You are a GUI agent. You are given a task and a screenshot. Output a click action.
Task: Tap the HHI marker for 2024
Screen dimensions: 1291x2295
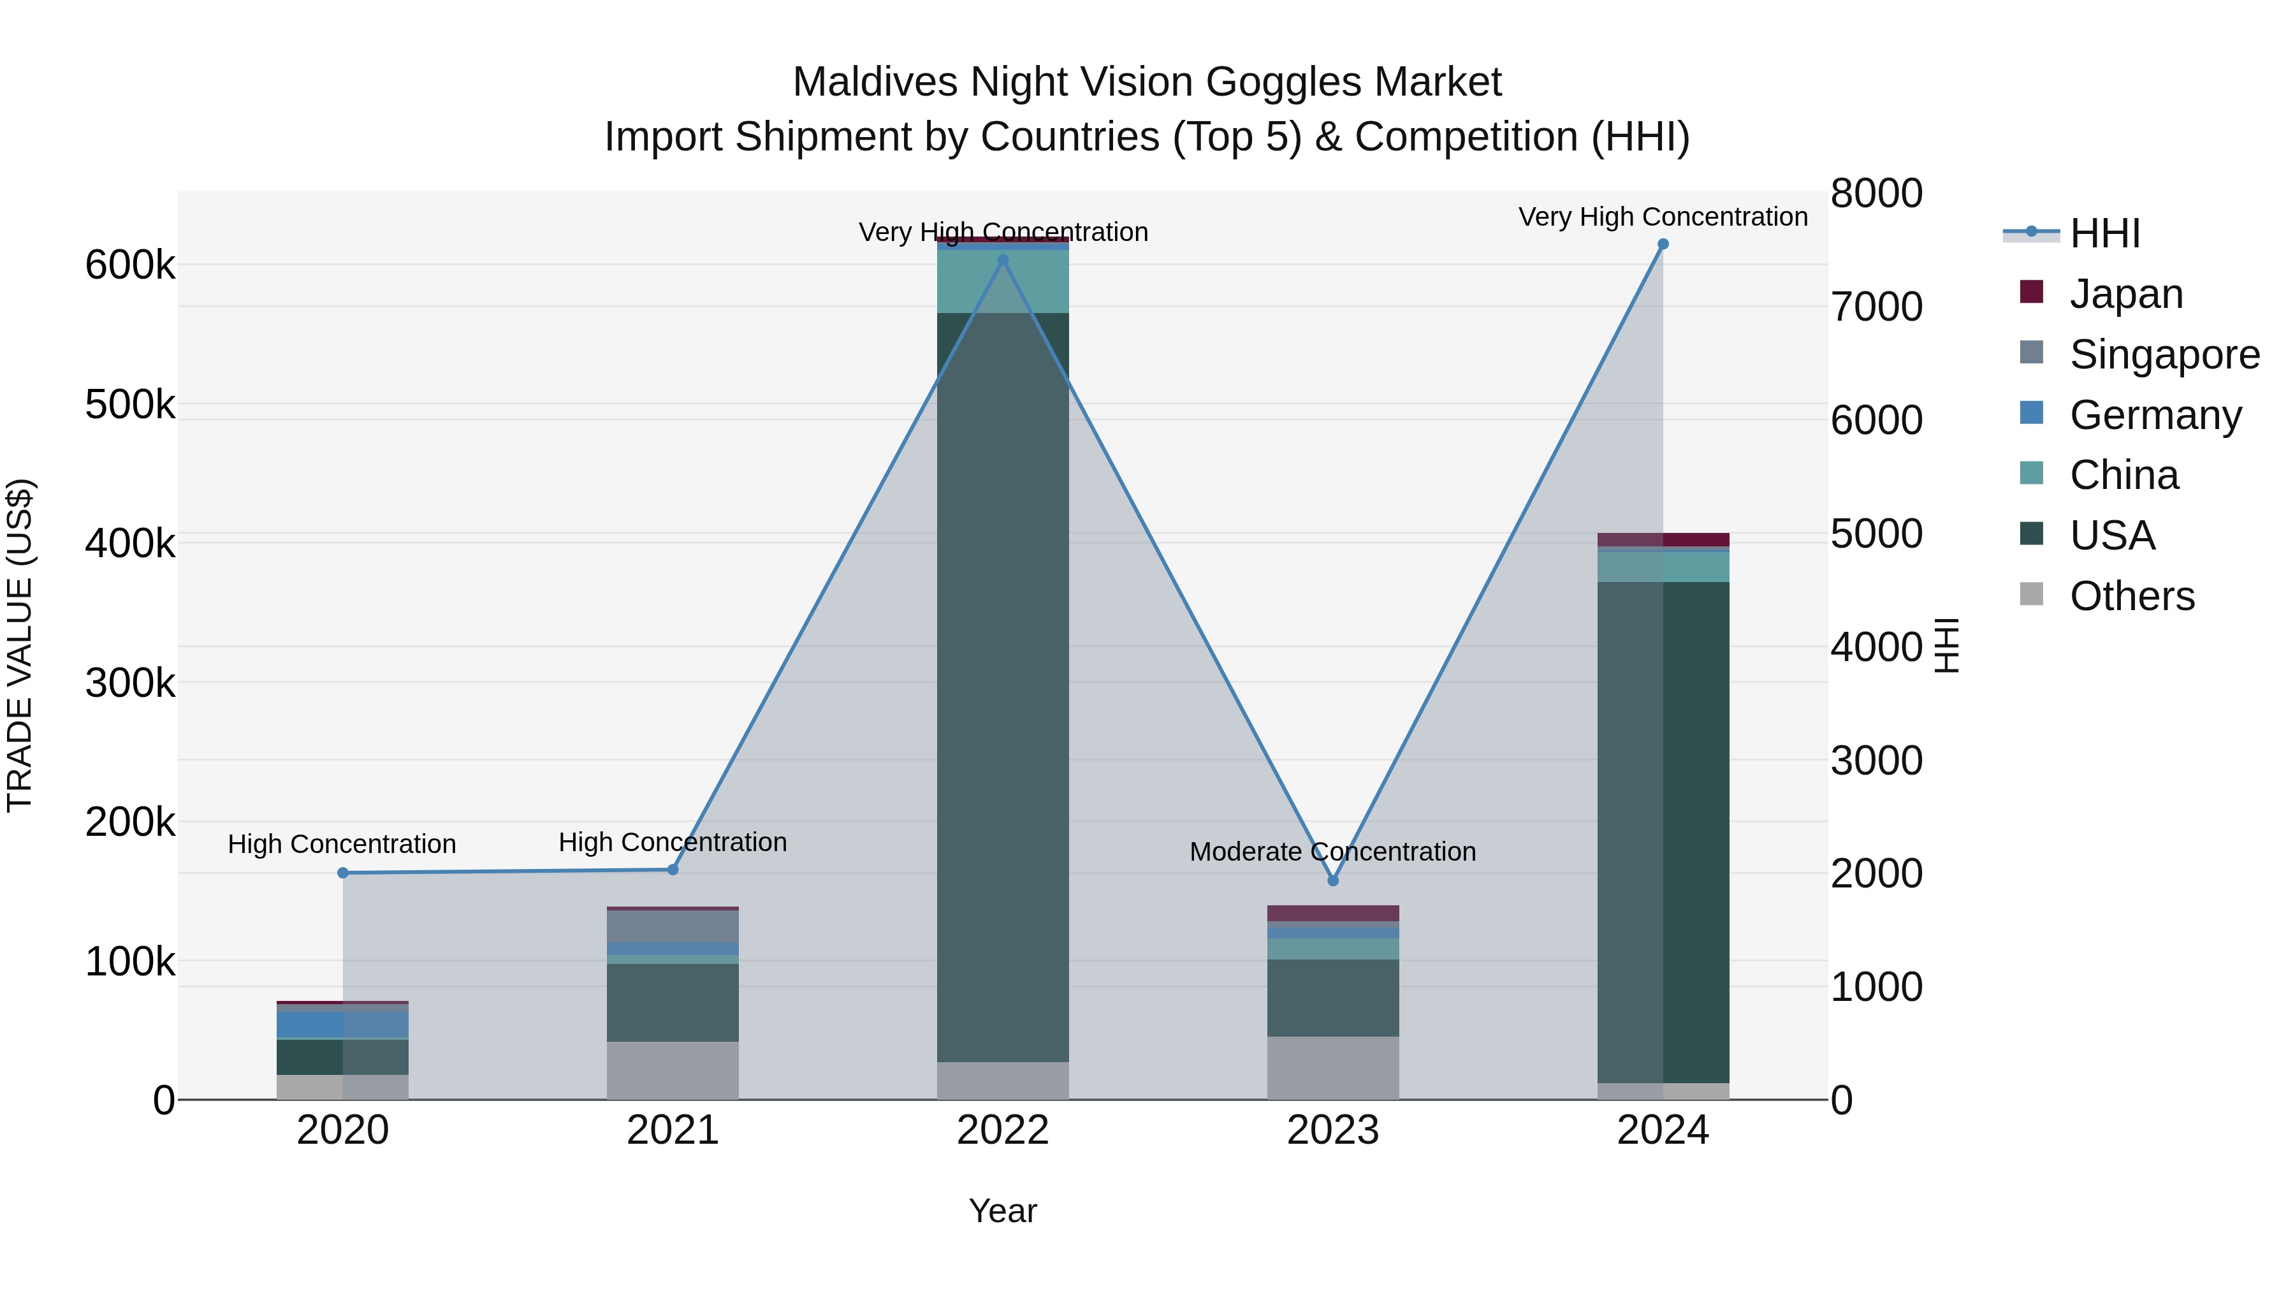click(1663, 244)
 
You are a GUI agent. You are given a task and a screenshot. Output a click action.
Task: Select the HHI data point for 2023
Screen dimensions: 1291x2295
click(1333, 880)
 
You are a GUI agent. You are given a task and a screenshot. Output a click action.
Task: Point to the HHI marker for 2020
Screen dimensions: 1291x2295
click(343, 872)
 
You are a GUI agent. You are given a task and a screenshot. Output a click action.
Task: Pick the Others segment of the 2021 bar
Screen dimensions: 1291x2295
click(673, 1070)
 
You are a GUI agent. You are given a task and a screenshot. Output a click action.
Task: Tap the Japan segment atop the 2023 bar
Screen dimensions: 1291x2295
click(1333, 913)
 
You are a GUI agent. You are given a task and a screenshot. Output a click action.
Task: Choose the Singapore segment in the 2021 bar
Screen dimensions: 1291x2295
click(673, 926)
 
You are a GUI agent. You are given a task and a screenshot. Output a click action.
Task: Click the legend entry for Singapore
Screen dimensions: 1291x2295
click(2165, 354)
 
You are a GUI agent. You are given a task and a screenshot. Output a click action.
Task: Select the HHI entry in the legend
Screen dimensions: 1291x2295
click(2104, 233)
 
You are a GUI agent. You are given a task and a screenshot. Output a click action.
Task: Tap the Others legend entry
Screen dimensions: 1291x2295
click(2131, 596)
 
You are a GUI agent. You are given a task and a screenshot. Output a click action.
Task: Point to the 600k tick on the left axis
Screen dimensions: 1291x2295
click(130, 265)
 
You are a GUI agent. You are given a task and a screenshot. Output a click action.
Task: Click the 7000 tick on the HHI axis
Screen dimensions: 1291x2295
click(1876, 307)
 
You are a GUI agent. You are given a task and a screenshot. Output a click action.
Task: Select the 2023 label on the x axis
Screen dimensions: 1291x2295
click(1333, 1130)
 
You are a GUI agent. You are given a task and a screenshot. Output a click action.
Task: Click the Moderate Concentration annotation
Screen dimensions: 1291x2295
click(1333, 852)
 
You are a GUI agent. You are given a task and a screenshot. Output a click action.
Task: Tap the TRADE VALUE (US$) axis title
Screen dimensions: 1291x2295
click(20, 645)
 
